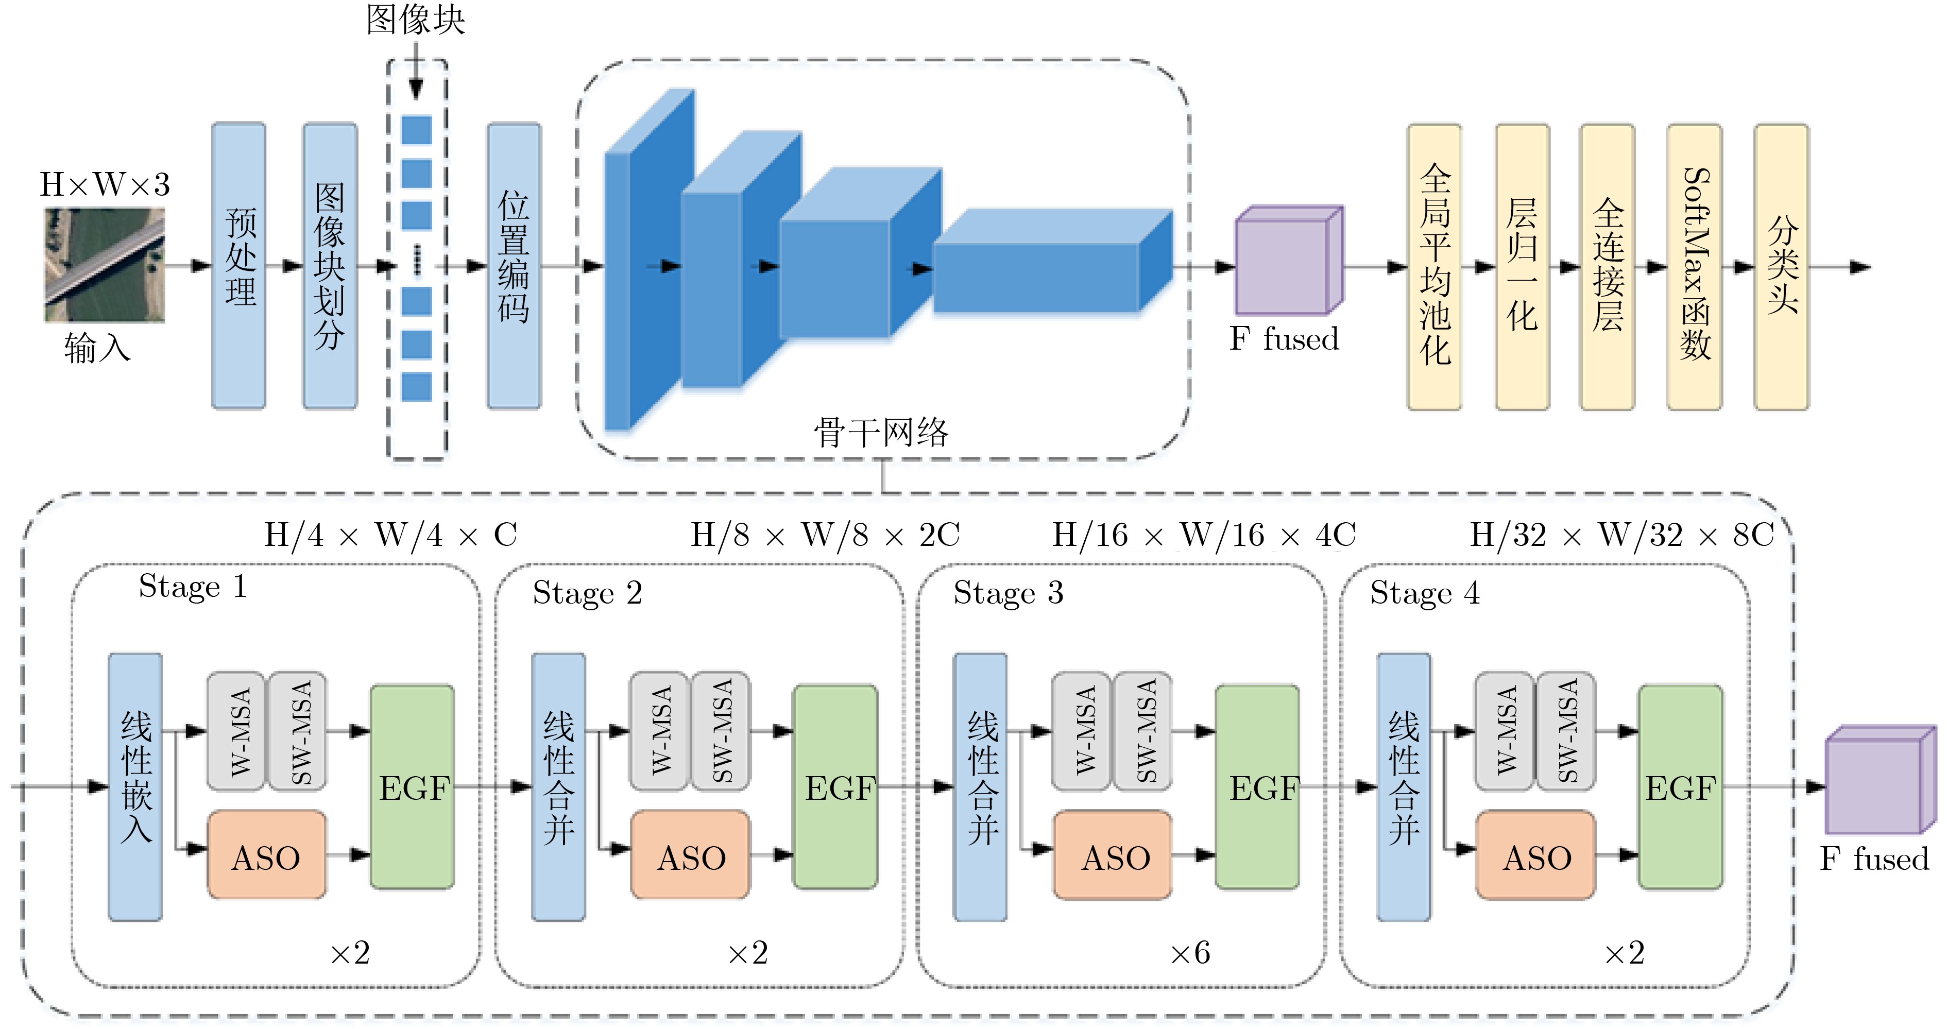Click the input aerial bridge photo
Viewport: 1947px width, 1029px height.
pyautogui.click(x=104, y=265)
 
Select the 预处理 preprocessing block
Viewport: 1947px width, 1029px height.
pyautogui.click(x=239, y=265)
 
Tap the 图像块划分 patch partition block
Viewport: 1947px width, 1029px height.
pyautogui.click(x=330, y=265)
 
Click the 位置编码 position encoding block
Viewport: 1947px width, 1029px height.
pyautogui.click(x=514, y=265)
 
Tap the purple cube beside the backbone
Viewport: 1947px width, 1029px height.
pyautogui.click(x=1288, y=261)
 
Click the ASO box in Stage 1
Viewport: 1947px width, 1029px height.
pyautogui.click(x=267, y=855)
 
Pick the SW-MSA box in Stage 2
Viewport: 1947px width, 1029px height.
pyautogui.click(x=721, y=731)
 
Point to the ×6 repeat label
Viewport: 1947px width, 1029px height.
pyautogui.click(x=1190, y=953)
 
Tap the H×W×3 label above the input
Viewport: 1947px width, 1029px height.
pyautogui.click(x=104, y=184)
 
